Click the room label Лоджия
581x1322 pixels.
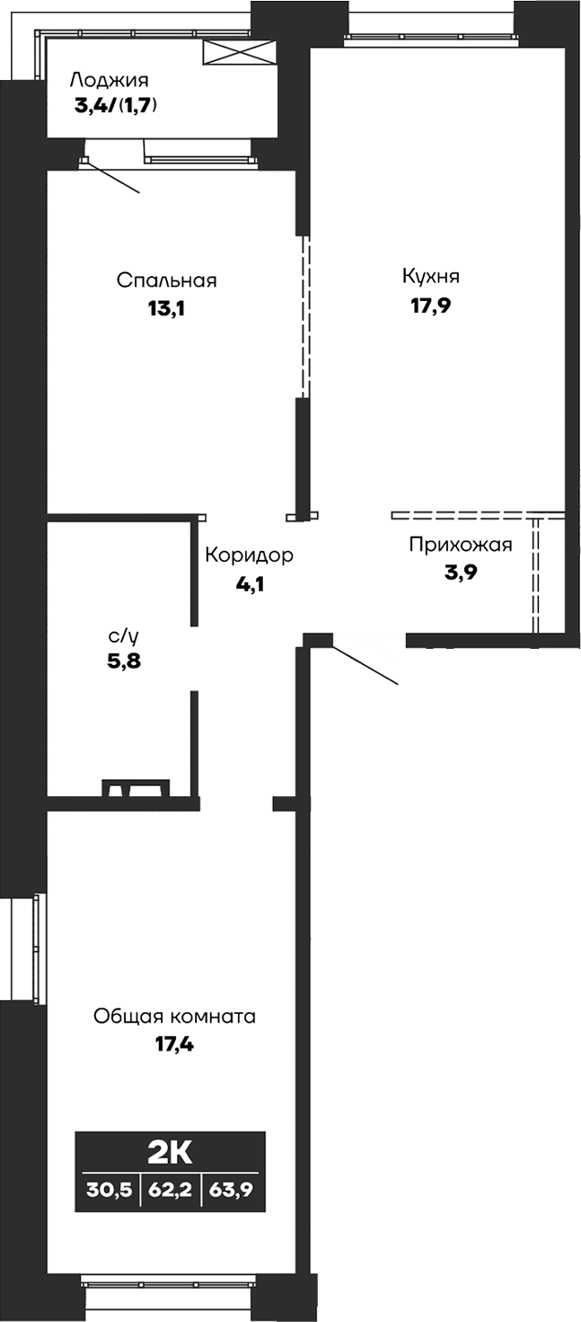coord(109,79)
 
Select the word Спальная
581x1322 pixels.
coord(167,280)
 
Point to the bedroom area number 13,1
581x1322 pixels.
coord(166,309)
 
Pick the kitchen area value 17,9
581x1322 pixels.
coord(430,304)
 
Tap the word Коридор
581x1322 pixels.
coord(249,555)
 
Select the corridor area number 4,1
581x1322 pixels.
coord(249,583)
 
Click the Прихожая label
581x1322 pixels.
coord(460,545)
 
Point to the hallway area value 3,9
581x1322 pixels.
coord(459,572)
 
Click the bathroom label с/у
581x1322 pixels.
coord(124,636)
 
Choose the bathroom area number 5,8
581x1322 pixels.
coord(123,663)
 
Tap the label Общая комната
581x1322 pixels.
coord(174,1016)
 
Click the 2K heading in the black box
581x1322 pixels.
coord(171,1151)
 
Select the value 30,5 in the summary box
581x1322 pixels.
coord(109,1191)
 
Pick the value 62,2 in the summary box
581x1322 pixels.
coord(172,1191)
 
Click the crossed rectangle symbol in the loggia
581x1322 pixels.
coord(238,52)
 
